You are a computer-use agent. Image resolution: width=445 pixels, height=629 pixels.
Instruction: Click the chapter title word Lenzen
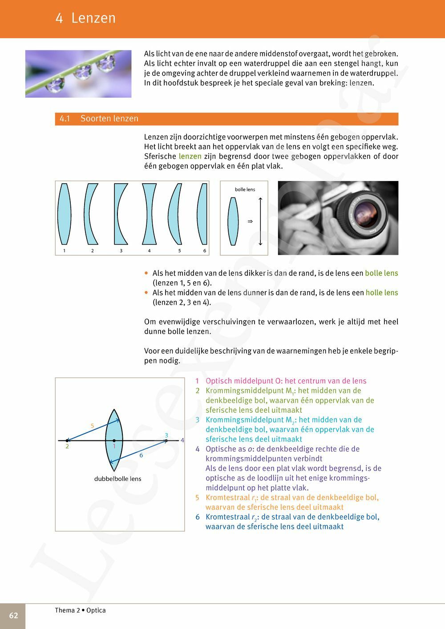[93, 18]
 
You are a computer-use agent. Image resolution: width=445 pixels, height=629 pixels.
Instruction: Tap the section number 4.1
[65, 119]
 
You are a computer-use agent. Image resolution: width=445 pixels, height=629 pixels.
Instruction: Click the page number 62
[13, 615]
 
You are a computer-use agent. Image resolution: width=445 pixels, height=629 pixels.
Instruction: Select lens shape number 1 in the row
[65, 214]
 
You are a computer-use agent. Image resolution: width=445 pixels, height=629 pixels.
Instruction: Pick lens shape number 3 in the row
[121, 214]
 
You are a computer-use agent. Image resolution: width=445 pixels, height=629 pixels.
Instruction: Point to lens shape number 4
[150, 214]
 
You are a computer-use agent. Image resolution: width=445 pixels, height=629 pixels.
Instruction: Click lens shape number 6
[203, 214]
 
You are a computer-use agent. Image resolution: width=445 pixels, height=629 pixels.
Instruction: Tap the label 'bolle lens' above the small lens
[245, 190]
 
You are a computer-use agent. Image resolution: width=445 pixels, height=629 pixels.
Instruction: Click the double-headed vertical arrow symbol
[260, 221]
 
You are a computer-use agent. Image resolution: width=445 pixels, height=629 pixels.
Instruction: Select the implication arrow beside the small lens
[250, 221]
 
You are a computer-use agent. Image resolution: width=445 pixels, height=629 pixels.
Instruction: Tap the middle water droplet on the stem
[83, 71]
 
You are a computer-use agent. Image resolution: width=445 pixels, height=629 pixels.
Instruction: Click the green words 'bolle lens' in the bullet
[381, 273]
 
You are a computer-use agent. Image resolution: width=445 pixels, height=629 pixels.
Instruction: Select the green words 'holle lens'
[382, 293]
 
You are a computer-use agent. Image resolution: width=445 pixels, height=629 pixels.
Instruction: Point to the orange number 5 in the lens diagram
[93, 426]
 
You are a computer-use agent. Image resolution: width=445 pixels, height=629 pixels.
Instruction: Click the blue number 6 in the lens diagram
[141, 455]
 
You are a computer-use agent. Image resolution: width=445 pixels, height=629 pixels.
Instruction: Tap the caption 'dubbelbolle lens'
[117, 479]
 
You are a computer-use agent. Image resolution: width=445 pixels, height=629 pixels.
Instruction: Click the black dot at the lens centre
[114, 440]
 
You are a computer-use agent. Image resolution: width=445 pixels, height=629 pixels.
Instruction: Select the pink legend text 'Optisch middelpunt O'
[244, 381]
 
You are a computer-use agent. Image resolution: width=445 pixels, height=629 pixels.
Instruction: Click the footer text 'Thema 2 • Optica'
[80, 610]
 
